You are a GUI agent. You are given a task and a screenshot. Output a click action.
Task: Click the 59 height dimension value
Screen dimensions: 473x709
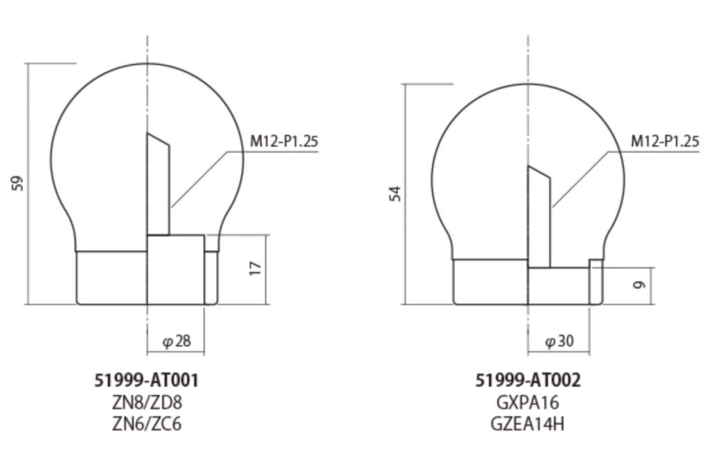[19, 183]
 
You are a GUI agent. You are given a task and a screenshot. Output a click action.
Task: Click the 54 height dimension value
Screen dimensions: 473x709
[395, 194]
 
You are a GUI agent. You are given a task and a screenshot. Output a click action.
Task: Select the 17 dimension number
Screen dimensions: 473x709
[254, 268]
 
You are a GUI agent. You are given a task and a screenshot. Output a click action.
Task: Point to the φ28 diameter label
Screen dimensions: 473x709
[176, 341]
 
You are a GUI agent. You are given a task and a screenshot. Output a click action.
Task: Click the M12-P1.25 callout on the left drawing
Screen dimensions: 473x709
[284, 142]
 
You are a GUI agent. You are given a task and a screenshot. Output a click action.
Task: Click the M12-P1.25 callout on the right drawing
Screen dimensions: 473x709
[665, 142]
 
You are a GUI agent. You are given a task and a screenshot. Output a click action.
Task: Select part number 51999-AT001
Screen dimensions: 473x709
[147, 380]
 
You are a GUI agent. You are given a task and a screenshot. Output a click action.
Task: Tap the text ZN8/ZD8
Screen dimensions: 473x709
[147, 402]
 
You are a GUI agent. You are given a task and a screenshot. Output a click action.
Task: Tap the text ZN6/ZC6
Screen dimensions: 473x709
[147, 423]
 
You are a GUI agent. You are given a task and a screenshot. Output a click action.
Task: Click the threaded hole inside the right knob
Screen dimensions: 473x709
[539, 221]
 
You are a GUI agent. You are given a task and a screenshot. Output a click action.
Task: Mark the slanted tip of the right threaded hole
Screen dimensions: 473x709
[539, 171]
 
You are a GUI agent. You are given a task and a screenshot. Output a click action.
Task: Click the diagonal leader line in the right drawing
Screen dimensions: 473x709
[582, 178]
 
